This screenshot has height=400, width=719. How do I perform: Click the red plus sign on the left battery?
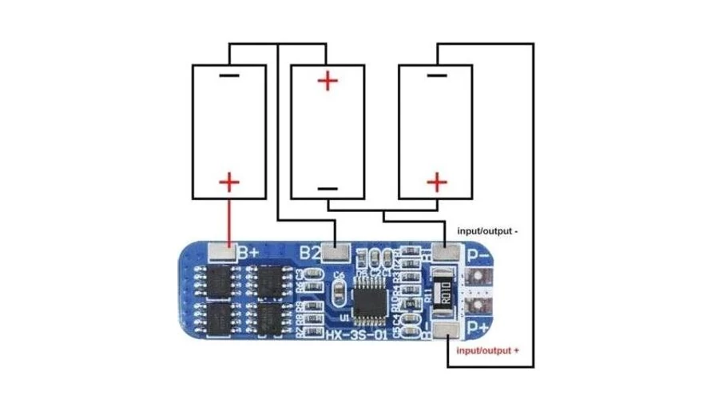click(x=228, y=183)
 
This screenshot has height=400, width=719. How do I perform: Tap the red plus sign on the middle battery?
click(x=328, y=81)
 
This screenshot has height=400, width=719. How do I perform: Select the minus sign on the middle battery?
click(x=328, y=189)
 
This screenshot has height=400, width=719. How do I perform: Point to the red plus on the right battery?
click(x=436, y=183)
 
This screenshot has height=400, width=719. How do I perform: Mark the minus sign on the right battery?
click(x=436, y=76)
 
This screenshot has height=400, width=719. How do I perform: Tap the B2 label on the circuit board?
click(x=311, y=253)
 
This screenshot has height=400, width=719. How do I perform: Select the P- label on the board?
click(x=478, y=256)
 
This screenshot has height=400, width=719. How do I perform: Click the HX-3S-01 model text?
click(x=356, y=335)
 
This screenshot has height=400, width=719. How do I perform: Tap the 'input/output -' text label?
click(x=487, y=230)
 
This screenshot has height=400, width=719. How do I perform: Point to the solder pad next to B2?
click(x=337, y=253)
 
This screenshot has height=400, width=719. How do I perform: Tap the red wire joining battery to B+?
click(x=228, y=220)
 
